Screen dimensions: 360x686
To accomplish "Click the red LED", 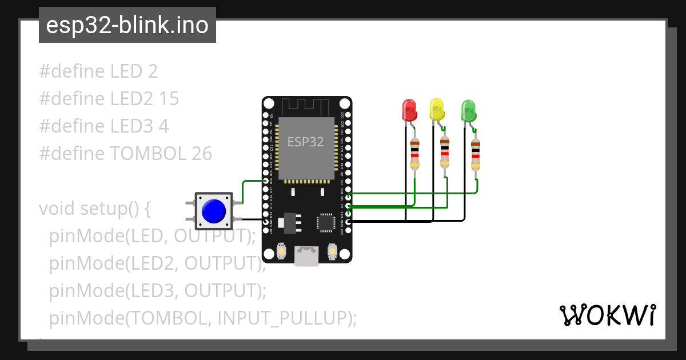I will point(409,110).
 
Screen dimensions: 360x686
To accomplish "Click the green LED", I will point(468,111).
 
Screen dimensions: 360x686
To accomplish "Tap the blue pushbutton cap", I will point(214,211).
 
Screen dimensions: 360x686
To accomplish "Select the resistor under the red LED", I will point(415,154).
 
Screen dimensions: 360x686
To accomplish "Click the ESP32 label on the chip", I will point(305,142).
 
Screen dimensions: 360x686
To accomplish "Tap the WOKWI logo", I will point(607,315).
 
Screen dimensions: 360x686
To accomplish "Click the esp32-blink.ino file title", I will point(127,25).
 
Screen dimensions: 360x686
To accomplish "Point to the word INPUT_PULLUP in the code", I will point(282,318).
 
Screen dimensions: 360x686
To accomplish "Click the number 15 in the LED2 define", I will point(169,99).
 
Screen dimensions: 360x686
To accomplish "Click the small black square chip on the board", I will point(326,222).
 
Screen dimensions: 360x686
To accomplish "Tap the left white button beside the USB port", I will point(281,250).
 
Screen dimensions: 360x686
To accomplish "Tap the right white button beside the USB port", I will point(332,250).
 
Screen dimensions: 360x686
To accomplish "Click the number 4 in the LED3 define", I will point(163,126).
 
